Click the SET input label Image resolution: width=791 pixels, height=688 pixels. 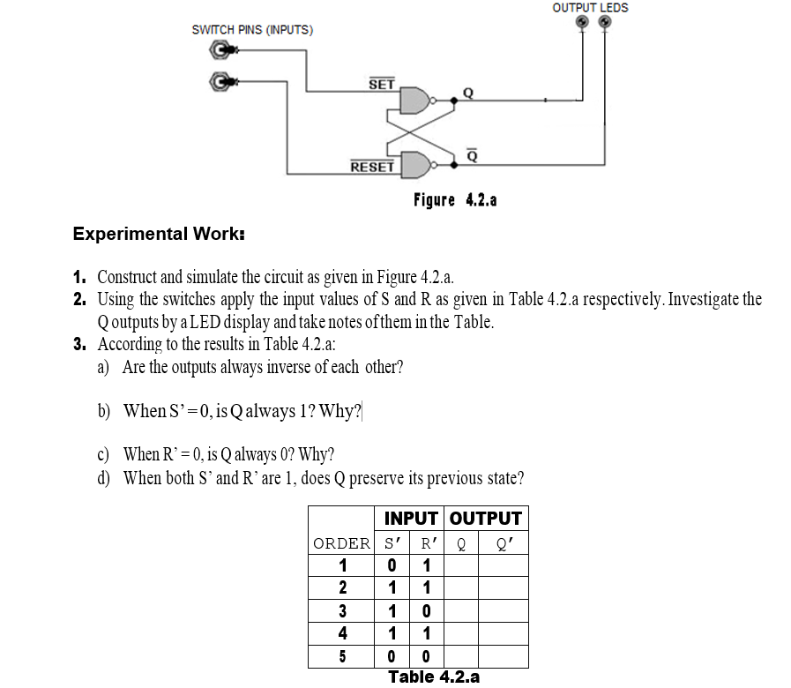(381, 85)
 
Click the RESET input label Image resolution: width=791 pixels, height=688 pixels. (371, 166)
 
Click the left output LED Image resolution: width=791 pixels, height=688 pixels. (582, 23)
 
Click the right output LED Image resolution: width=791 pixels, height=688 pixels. (604, 23)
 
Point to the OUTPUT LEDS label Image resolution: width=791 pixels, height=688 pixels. (590, 8)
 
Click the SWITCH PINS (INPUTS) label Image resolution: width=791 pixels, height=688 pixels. (251, 30)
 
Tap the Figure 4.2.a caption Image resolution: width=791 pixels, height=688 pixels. (455, 199)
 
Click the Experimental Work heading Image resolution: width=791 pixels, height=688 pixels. (159, 235)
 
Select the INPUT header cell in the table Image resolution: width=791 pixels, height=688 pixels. (411, 519)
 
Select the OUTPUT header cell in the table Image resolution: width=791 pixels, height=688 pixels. (486, 519)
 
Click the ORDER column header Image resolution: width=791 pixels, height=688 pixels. (341, 542)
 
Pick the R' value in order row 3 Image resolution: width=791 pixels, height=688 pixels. (426, 611)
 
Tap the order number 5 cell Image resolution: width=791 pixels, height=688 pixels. (342, 657)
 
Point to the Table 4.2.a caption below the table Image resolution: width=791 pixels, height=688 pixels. (434, 677)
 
